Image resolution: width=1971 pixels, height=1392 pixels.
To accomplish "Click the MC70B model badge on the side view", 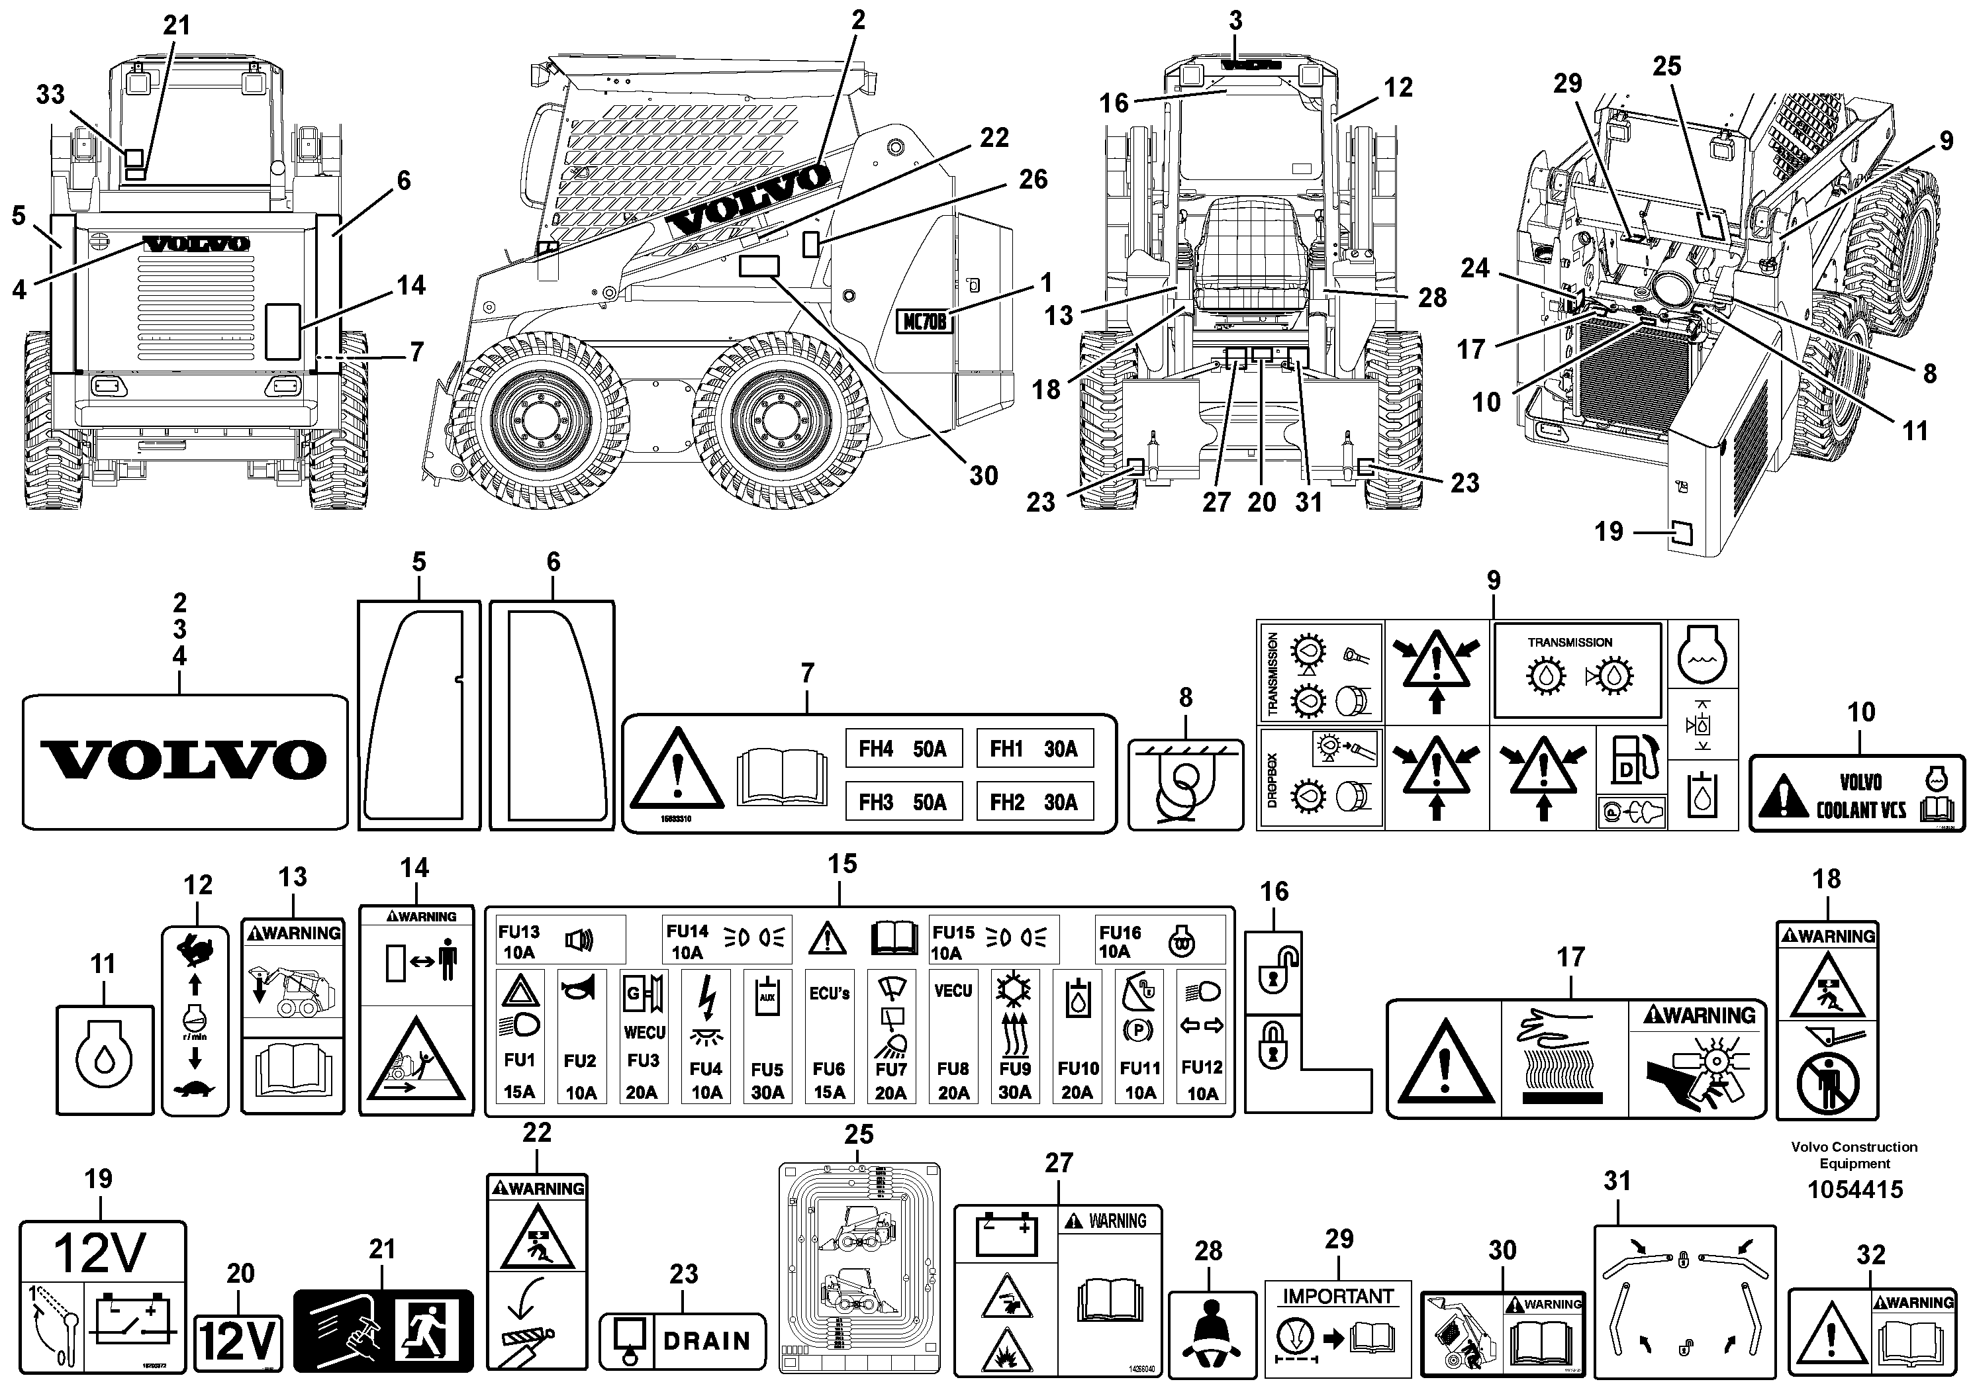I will (924, 322).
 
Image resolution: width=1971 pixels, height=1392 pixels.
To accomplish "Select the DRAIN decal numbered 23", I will (683, 1340).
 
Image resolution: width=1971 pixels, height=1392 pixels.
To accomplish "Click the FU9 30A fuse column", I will (1015, 1037).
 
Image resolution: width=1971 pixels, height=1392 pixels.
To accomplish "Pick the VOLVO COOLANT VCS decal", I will (1858, 794).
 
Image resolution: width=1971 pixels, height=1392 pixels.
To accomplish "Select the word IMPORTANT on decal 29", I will (1338, 1296).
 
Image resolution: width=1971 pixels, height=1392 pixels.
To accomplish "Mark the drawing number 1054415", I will (1854, 1189).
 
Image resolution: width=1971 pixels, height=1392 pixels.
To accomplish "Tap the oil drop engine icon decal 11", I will (104, 1061).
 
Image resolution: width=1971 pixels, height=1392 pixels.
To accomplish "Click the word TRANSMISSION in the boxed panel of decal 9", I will (1569, 642).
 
